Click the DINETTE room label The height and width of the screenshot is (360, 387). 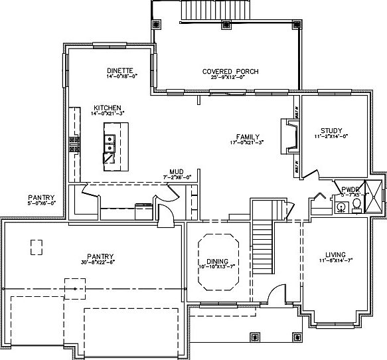coord(121,70)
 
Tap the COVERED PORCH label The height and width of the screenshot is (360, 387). coord(230,72)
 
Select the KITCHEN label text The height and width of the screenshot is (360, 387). coord(106,108)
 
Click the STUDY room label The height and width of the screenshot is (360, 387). coord(330,130)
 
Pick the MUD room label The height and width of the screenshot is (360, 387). coord(176,171)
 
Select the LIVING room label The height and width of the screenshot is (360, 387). coord(335,254)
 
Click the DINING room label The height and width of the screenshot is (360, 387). coord(218,261)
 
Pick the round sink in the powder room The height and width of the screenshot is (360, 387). coord(341,207)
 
